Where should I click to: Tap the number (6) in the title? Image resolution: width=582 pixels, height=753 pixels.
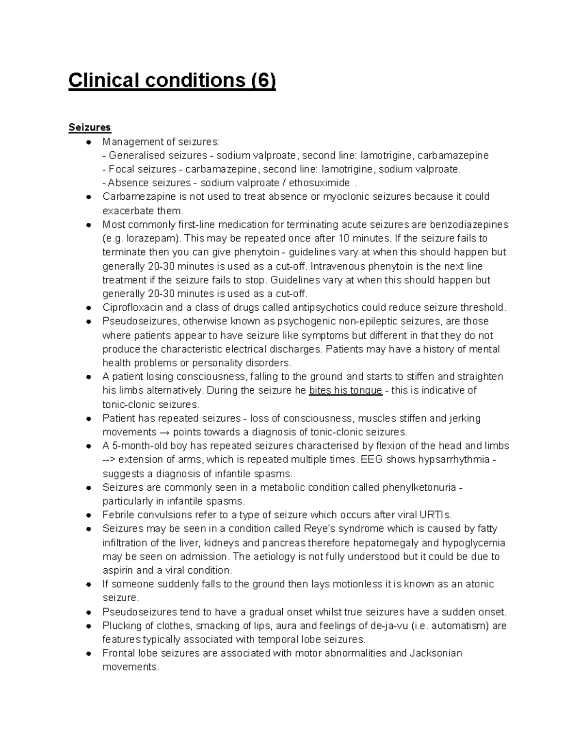[262, 80]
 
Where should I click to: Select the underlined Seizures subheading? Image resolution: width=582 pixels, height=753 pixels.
[90, 128]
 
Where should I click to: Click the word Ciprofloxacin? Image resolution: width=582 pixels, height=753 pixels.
[132, 307]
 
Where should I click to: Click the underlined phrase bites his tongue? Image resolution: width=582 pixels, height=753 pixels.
[345, 391]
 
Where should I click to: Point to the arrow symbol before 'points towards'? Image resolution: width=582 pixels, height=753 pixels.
[165, 432]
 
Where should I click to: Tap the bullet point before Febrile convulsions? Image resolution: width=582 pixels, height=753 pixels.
[89, 515]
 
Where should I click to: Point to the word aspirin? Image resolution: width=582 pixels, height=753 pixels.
[118, 570]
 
